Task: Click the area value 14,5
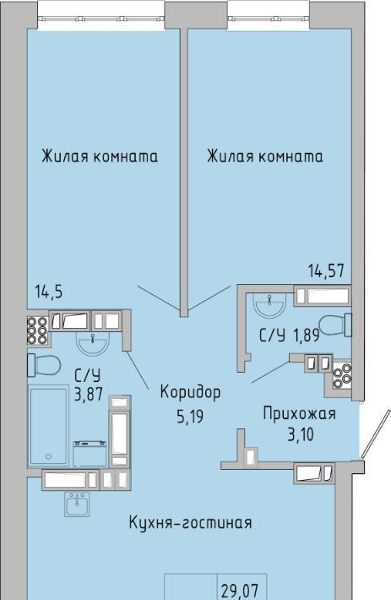[x=49, y=292]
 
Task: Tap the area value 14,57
[x=327, y=271]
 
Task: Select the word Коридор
[x=190, y=393]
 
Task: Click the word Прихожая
[x=300, y=414]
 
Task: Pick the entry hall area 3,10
[x=301, y=435]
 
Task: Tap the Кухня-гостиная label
[x=190, y=523]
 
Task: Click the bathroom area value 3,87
[x=89, y=394]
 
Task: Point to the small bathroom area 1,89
[x=306, y=335]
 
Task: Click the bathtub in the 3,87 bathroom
[x=49, y=426]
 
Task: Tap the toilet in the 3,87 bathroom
[x=44, y=365]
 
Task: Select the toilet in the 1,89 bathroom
[x=335, y=325]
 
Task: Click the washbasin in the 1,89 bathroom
[x=270, y=305]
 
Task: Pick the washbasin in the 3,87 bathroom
[x=93, y=342]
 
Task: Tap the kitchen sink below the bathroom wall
[x=77, y=504]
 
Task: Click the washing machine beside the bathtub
[x=90, y=454]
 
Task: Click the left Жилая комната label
[x=100, y=157]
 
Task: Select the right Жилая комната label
[x=265, y=156]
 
